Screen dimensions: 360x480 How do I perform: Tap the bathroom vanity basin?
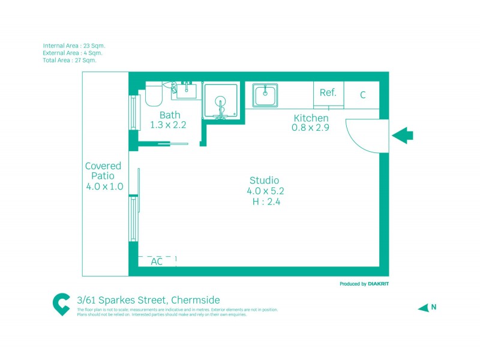187,91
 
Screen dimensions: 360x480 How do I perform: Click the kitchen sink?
265,95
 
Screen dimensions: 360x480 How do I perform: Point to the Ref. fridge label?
328,93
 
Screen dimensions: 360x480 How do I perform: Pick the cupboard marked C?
363,95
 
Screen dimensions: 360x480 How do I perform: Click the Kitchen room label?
310,118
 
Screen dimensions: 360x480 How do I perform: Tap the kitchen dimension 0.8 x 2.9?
310,128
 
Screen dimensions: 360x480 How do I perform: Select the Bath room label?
170,115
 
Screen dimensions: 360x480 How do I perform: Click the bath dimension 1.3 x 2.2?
169,125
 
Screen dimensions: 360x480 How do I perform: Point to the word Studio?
265,181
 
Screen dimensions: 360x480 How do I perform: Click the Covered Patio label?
103,171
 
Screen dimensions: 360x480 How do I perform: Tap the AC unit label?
157,262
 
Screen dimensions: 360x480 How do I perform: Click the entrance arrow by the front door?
403,136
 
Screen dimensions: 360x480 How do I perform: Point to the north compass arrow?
424,308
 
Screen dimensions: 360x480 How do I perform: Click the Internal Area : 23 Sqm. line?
74,46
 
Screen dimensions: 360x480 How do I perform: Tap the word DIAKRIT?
384,284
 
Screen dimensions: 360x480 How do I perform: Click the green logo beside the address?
61,304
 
